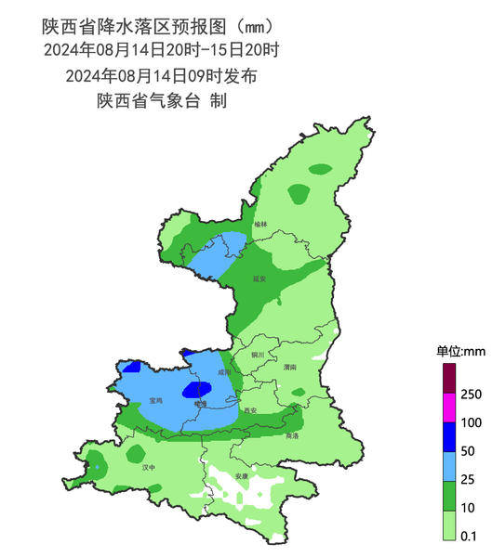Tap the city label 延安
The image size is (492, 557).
pos(259,278)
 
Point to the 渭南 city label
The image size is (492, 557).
pos(289,368)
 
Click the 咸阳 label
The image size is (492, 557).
pos(224,372)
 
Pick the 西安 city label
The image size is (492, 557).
pos(249,409)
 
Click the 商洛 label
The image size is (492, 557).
pos(292,434)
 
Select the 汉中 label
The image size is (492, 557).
pos(148,468)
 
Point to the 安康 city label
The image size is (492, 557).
pos(242,476)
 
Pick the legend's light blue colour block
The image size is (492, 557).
pos(448,465)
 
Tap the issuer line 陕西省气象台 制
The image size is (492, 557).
pos(162,100)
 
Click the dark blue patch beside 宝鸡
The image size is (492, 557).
pos(193,391)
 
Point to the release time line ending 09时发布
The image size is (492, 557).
pos(162,75)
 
